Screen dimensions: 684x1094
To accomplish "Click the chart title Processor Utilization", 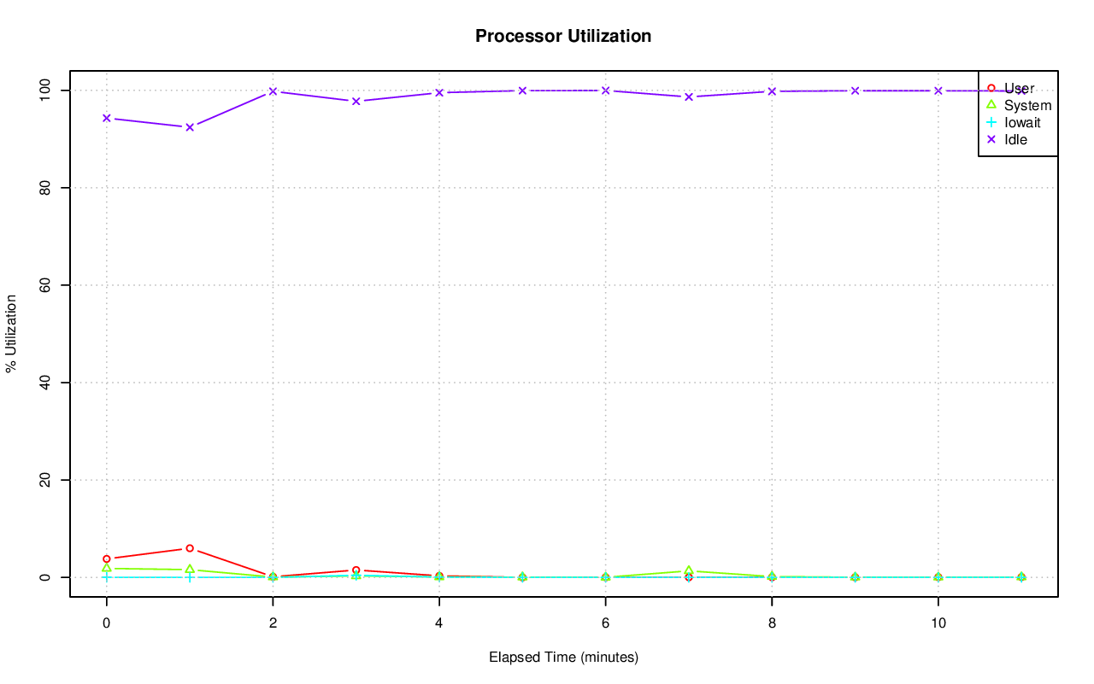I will (563, 36).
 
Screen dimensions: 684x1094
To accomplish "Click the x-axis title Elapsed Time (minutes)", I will (563, 658).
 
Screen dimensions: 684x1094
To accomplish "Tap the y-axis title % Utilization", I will (11, 333).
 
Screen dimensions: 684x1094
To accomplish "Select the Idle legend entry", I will (1015, 139).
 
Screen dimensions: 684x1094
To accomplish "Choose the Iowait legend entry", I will (1022, 122).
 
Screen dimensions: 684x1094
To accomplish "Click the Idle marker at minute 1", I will (190, 126).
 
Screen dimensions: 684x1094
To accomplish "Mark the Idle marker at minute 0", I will (106, 118).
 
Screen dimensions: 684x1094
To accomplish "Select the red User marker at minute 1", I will (190, 548).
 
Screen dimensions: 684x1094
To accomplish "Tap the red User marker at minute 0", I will (106, 558).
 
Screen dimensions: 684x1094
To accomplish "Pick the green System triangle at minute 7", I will (688, 570).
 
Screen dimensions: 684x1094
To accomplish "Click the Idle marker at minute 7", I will (688, 96).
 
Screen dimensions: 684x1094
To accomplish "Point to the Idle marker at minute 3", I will (356, 101).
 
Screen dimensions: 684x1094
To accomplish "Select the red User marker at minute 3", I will (356, 570).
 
